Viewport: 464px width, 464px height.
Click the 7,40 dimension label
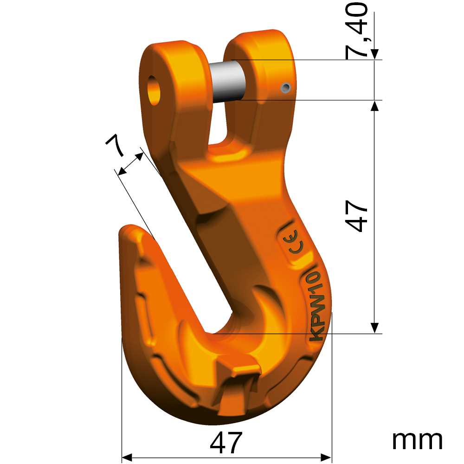(x=356, y=31)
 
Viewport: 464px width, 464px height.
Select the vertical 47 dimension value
(x=357, y=216)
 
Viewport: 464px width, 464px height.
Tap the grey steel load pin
(x=228, y=80)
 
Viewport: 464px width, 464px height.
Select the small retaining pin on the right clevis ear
(x=286, y=87)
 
